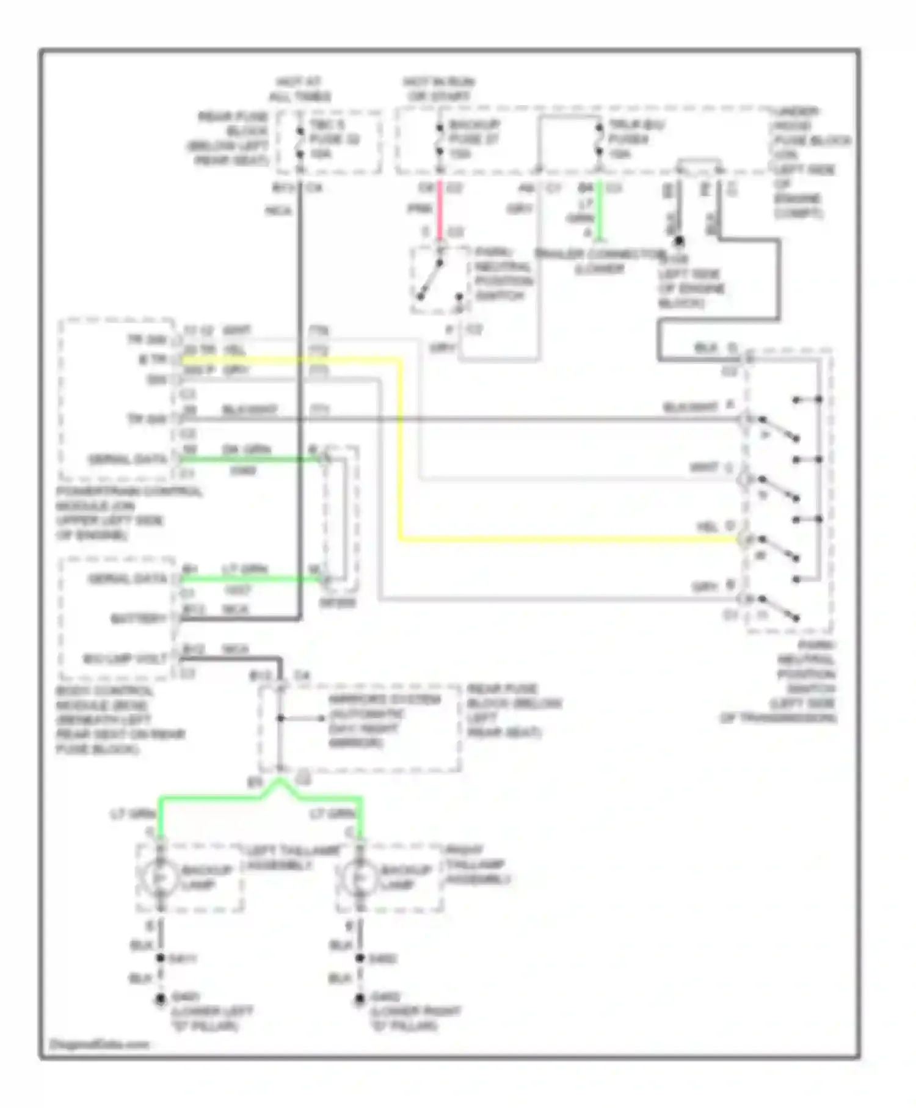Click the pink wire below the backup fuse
click(x=439, y=208)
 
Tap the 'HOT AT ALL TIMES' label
click(x=299, y=89)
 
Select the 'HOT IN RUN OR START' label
click(x=438, y=89)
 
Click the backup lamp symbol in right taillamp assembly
click(x=360, y=877)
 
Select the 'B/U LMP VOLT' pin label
click(x=126, y=659)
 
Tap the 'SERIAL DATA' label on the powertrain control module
click(x=128, y=459)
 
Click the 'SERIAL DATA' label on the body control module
click(x=128, y=578)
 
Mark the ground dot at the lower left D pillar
click(x=160, y=999)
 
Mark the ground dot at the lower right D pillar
click(x=360, y=999)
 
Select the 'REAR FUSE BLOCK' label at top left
click(x=232, y=138)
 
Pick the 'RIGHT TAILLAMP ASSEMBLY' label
click(x=476, y=864)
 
